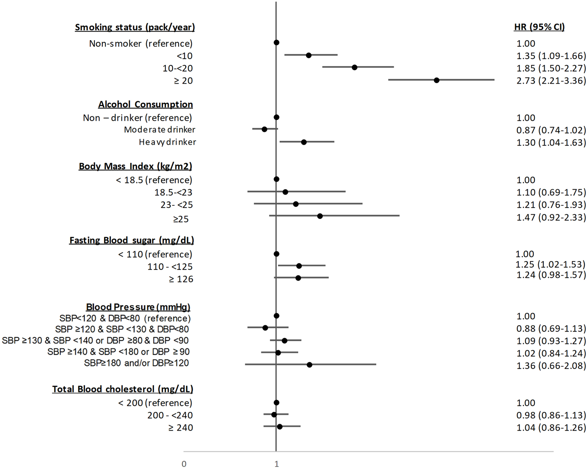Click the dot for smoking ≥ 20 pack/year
(436, 80)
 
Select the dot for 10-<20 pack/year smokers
(354, 67)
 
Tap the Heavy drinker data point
(304, 142)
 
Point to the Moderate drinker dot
(264, 129)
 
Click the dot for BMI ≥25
(320, 216)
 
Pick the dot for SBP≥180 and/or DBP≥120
(309, 365)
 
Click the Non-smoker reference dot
(276, 42)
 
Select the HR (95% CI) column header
(539, 27)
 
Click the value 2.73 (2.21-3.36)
(551, 81)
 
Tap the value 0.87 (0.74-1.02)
(551, 130)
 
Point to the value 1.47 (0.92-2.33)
(551, 217)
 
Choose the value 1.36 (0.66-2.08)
(551, 366)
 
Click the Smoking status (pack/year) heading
(135, 27)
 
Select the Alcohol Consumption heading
(145, 104)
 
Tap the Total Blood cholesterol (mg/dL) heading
(122, 389)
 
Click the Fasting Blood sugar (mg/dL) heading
(131, 240)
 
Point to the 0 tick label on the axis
(184, 464)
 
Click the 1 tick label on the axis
(276, 464)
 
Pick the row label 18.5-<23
(173, 192)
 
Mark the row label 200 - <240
(170, 415)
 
